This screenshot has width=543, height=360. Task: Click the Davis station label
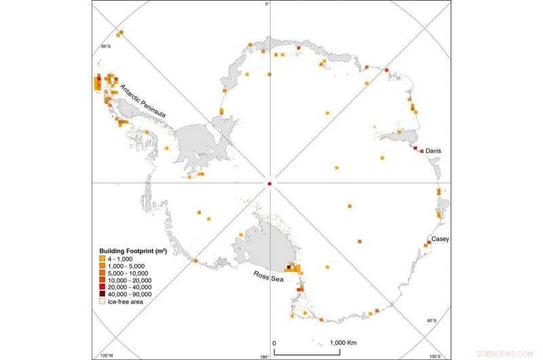point(434,152)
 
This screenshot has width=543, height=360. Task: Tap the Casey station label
point(440,239)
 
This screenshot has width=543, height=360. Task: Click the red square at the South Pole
point(269,183)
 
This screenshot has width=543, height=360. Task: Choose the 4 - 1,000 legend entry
point(126,258)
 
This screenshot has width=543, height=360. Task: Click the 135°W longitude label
point(105,355)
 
